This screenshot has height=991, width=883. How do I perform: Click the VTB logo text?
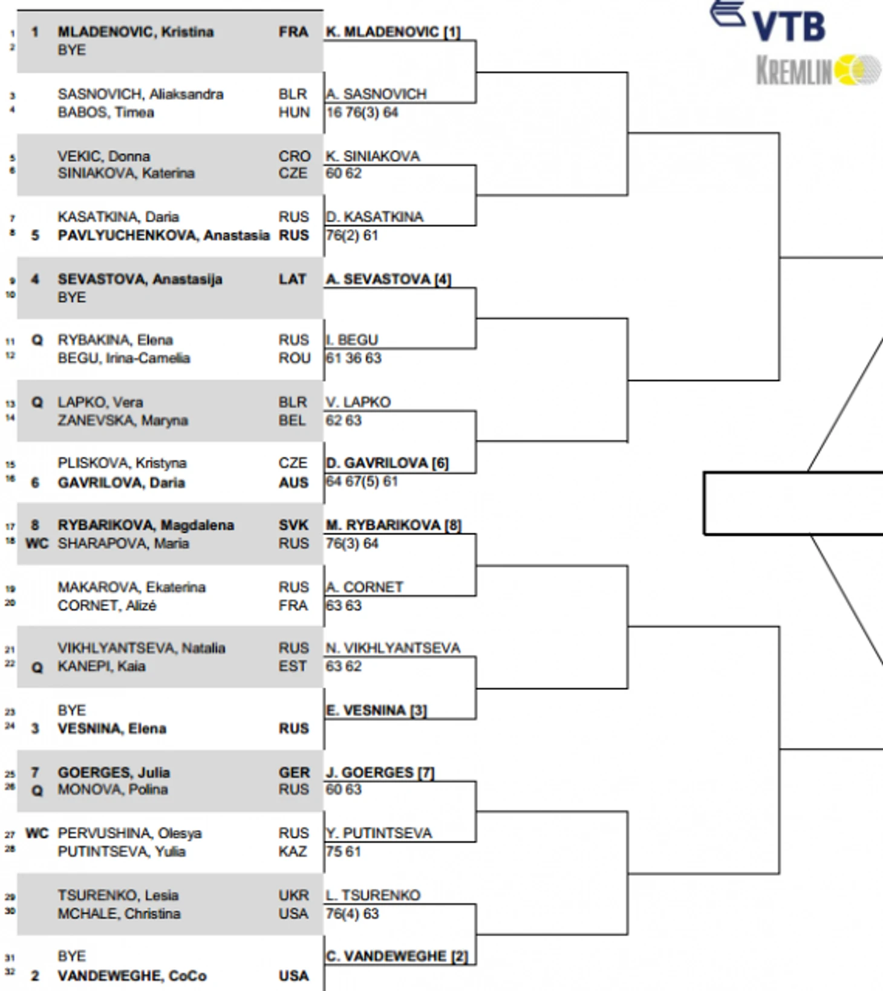tap(789, 27)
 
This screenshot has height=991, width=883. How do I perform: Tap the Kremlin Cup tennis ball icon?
tap(857, 70)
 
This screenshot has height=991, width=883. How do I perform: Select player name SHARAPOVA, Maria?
tap(123, 544)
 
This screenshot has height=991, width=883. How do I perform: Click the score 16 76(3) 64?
tap(362, 112)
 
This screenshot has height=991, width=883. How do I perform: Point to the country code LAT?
tap(292, 279)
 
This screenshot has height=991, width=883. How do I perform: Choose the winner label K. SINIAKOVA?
tap(373, 156)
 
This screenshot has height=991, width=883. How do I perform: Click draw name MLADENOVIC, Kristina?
tap(135, 32)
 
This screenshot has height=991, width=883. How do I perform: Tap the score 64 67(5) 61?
tap(362, 482)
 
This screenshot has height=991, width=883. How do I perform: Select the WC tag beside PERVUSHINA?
tap(37, 833)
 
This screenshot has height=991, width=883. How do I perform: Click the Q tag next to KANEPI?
tap(37, 667)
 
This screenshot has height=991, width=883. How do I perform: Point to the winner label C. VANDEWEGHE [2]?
tap(397, 956)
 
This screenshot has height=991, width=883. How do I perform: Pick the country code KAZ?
tap(293, 851)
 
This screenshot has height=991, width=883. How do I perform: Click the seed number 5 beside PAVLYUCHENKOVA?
tap(35, 235)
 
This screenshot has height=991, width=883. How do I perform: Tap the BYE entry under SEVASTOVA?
tap(71, 297)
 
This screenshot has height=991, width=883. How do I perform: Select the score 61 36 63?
tap(353, 359)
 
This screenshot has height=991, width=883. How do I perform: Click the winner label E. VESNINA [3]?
tap(376, 710)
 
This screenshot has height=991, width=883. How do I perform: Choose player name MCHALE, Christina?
tap(119, 914)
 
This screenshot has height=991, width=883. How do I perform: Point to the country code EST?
tap(292, 666)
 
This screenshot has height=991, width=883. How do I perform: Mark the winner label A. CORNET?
tap(364, 587)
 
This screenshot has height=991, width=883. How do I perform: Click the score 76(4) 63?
tap(352, 914)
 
